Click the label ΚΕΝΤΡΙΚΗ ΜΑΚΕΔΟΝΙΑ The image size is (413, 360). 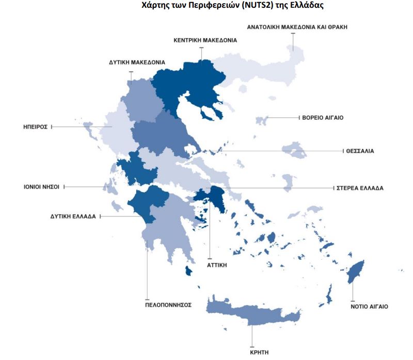tap(205, 40)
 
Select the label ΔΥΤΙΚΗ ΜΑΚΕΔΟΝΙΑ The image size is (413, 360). tap(137, 62)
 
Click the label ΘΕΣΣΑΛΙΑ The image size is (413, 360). tap(360, 151)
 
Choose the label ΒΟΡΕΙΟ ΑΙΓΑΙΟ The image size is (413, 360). tap(323, 118)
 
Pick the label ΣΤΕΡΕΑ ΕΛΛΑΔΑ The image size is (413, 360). tap(359, 188)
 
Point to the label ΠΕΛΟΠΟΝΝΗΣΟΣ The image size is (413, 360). tap(168, 305)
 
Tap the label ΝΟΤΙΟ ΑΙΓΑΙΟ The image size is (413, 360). tap(369, 306)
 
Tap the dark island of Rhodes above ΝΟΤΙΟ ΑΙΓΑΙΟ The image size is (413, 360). tap(355, 272)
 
